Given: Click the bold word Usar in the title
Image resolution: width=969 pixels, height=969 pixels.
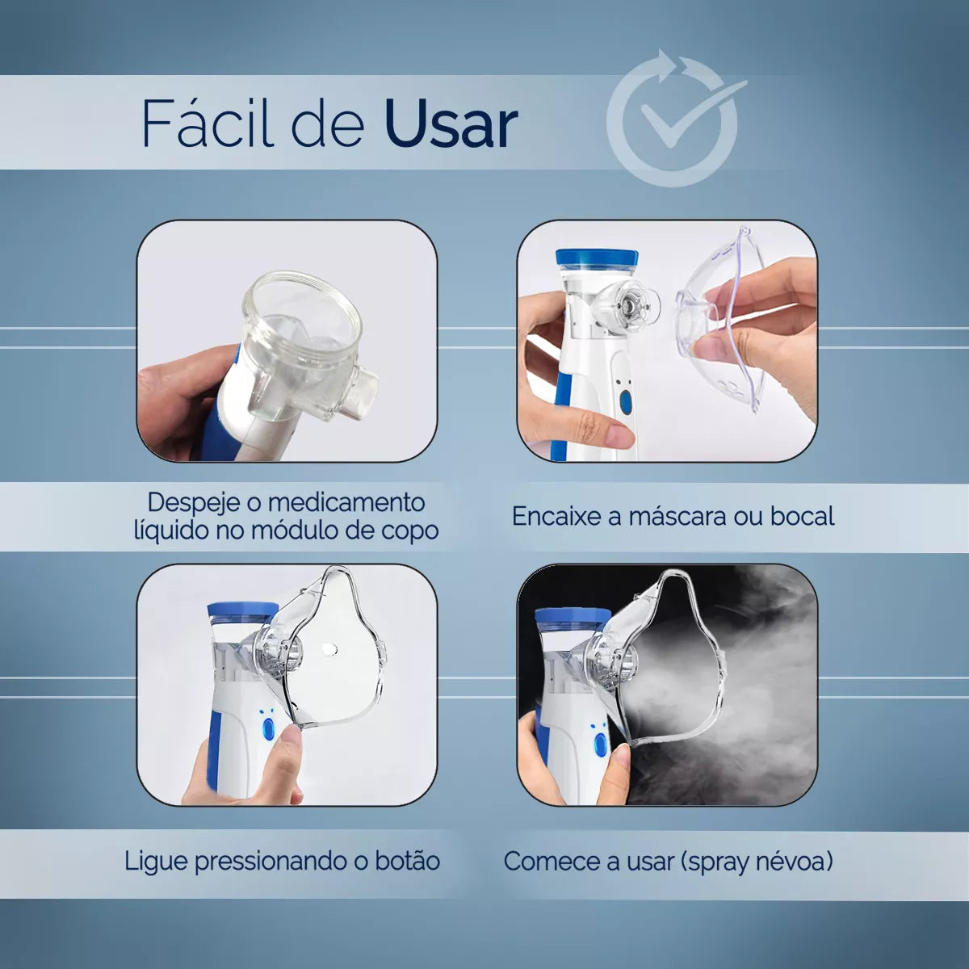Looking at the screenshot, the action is (x=451, y=124).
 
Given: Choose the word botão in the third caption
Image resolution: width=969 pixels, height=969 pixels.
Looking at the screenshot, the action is (x=408, y=861).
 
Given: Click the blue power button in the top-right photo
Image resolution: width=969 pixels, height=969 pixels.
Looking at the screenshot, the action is (x=626, y=402).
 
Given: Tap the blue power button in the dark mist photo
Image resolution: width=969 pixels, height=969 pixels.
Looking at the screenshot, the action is (x=601, y=745).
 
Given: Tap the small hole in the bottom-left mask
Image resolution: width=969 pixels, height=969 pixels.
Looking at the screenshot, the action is (x=330, y=648).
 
